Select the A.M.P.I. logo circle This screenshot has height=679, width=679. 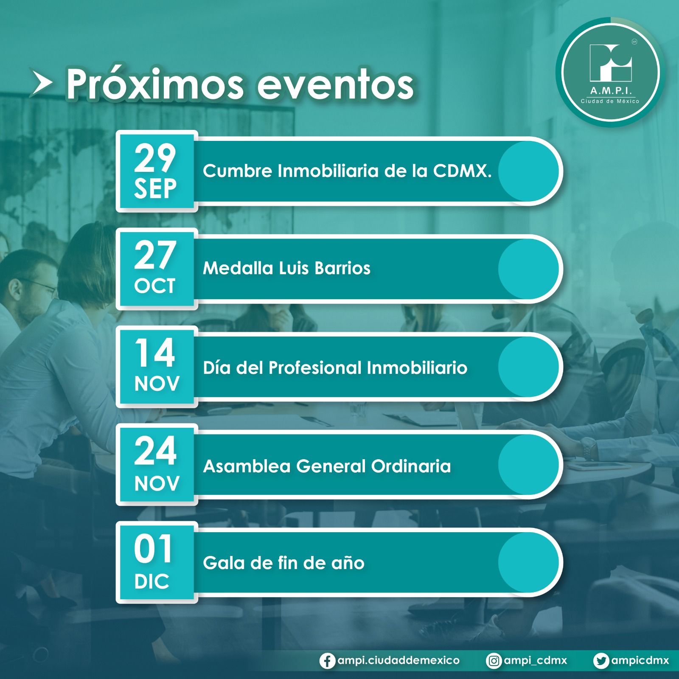pos(610,73)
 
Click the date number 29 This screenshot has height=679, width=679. pos(155,157)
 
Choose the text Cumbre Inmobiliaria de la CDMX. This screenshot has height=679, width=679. pos(347,171)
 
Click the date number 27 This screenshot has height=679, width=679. pos(155,255)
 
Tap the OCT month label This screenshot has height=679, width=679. pos(155,286)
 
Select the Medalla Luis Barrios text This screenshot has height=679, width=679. pos(286,268)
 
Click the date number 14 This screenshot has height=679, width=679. pos(155,353)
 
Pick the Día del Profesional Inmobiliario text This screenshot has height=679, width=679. pos(335,368)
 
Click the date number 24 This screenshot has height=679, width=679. pos(155,451)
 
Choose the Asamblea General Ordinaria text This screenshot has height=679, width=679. pos(327,466)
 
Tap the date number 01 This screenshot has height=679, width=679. pos(153,549)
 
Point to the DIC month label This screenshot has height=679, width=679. pos(152,581)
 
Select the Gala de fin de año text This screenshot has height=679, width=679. pos(283,563)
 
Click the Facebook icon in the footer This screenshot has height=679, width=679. pos(327,661)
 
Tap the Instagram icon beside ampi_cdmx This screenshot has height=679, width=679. pos(494,661)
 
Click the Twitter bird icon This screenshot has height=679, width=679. pos(601,661)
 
